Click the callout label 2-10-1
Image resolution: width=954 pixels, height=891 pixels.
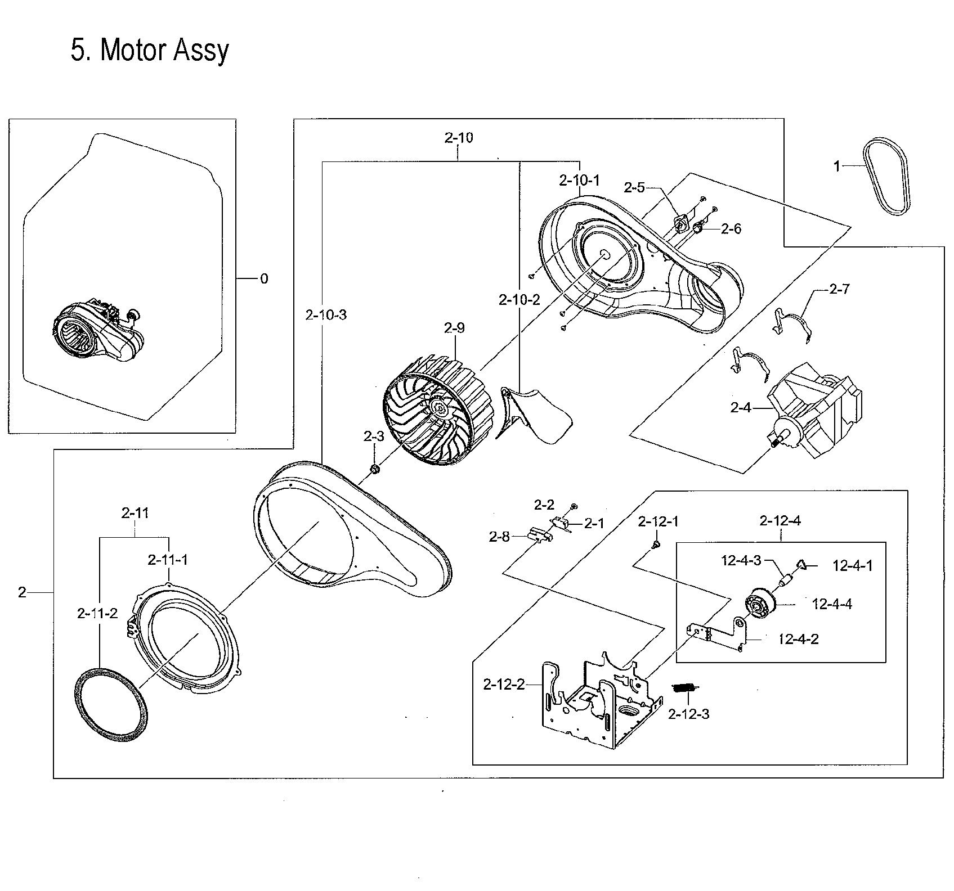pyautogui.click(x=579, y=181)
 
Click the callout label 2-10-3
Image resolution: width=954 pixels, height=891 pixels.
pyautogui.click(x=326, y=315)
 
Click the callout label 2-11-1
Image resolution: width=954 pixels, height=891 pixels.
pyautogui.click(x=168, y=560)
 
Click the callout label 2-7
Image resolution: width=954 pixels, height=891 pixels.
pyautogui.click(x=839, y=290)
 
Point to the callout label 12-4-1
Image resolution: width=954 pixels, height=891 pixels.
pyautogui.click(x=852, y=566)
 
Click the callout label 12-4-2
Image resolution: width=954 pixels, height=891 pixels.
pyautogui.click(x=798, y=639)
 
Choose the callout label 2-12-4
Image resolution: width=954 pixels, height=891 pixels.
pyautogui.click(x=780, y=521)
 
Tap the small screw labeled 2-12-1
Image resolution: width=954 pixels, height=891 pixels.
pyautogui.click(x=656, y=544)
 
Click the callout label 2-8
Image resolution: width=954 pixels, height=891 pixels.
pyautogui.click(x=499, y=537)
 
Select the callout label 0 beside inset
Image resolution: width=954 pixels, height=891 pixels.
pyautogui.click(x=263, y=278)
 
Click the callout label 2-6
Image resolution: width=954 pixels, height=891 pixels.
pyautogui.click(x=731, y=228)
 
